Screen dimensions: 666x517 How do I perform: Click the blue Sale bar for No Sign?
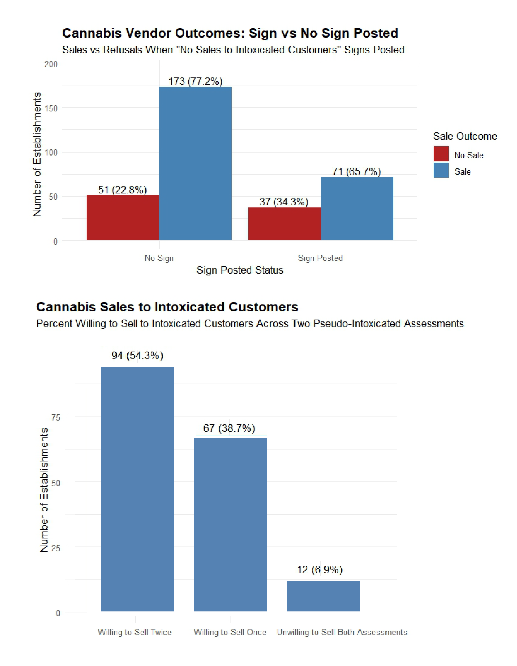tap(195, 163)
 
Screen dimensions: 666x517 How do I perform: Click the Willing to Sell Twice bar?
tap(137, 489)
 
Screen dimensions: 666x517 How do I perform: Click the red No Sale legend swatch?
tap(441, 154)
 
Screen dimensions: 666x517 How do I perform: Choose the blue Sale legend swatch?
tap(441, 170)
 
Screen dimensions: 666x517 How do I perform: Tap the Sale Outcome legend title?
tap(465, 136)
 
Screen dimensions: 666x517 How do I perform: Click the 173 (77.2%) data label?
tap(195, 81)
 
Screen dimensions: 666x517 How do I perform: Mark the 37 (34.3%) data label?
tap(284, 202)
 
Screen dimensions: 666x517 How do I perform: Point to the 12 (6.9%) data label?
tap(320, 570)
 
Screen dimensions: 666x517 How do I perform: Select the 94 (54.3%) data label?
tap(137, 356)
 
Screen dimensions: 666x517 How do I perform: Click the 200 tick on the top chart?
tap(51, 64)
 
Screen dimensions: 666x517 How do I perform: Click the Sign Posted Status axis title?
tap(240, 270)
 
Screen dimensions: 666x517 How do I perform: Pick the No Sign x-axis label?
tap(159, 258)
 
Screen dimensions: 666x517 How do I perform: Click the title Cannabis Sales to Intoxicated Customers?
tap(167, 307)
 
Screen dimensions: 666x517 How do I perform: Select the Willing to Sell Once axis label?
tap(230, 632)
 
